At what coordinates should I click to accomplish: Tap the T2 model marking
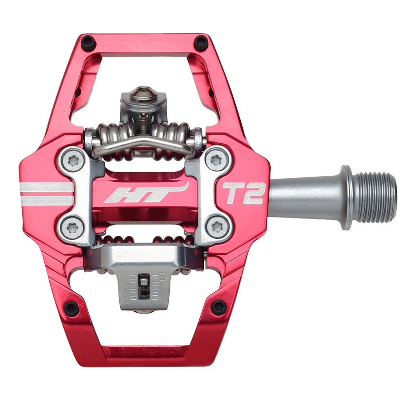pos(244,193)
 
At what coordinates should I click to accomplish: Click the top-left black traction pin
pos(88,42)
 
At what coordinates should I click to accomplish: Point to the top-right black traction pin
pos(201,42)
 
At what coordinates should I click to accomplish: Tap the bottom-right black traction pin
pos(219,307)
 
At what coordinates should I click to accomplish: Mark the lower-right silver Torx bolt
pos(217,227)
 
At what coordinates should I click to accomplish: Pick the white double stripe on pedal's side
pos(46,193)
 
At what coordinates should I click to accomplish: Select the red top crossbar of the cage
pos(145,45)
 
